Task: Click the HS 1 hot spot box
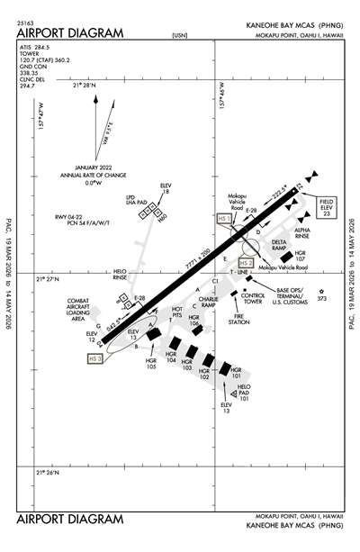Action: [226, 218]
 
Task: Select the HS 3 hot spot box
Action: [95, 358]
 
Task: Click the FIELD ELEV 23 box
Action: [328, 208]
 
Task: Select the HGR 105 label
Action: [151, 364]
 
